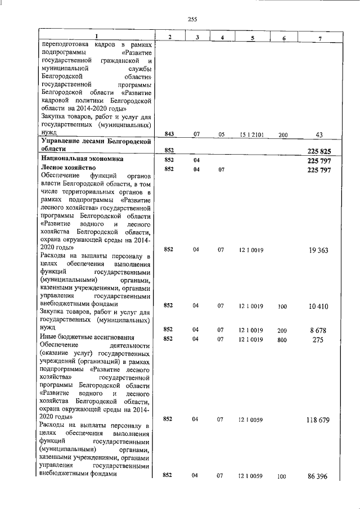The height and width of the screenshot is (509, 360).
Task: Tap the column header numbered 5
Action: coord(252,37)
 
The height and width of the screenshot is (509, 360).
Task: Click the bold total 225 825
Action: coord(318,151)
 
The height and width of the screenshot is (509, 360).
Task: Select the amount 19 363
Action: coord(318,250)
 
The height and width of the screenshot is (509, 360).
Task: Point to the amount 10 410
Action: coord(318,307)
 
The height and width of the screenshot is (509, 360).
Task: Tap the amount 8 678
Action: coord(318,330)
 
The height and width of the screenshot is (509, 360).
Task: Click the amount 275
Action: coord(318,339)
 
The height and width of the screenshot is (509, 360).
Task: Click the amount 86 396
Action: coord(318,476)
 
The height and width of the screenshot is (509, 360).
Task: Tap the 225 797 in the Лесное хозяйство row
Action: coord(318,169)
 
